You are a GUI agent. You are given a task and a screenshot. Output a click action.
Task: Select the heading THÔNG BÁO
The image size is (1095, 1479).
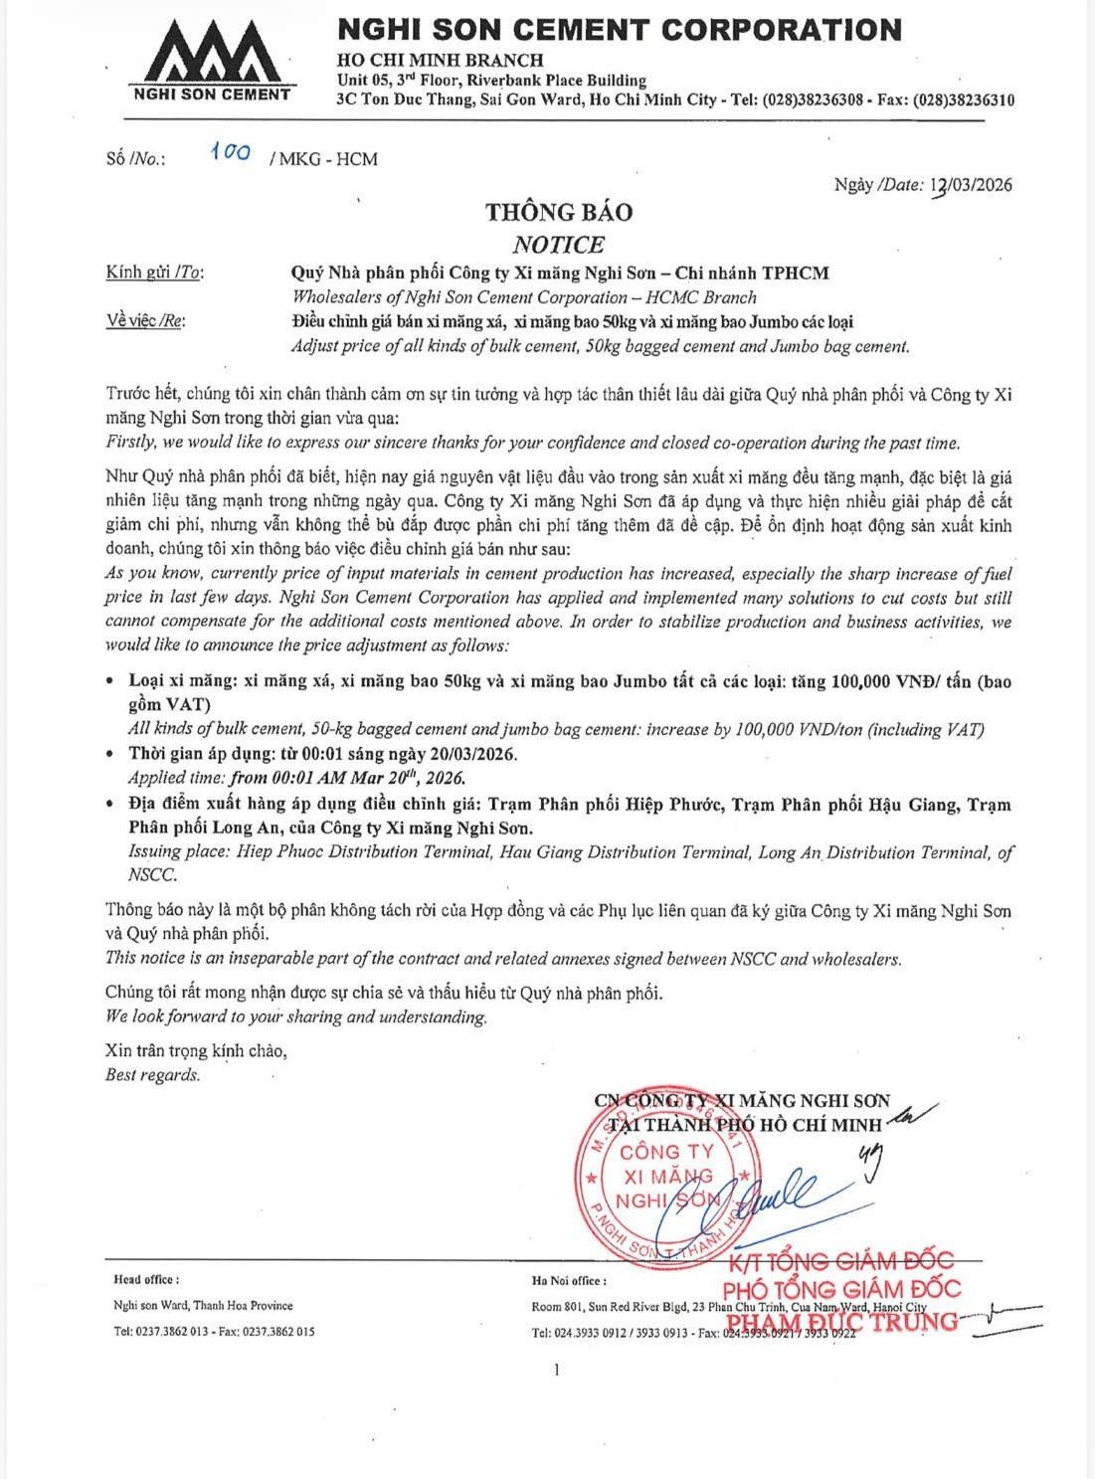[x=558, y=212]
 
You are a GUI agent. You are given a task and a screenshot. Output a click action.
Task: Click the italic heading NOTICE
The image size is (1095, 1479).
[x=558, y=244]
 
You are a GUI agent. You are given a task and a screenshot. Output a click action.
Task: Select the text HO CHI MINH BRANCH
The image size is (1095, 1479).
[x=441, y=60]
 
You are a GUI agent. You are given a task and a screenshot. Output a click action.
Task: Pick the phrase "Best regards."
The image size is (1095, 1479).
[x=152, y=1074]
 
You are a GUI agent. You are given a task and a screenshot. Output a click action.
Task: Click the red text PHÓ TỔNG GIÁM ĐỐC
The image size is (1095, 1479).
[x=847, y=1289]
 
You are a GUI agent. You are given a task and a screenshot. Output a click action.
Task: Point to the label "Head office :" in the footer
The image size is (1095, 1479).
[x=146, y=1280]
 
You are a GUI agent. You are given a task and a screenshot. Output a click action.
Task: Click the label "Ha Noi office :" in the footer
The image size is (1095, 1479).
[x=569, y=1281]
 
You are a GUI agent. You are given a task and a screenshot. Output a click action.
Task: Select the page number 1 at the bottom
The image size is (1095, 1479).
[x=557, y=1370]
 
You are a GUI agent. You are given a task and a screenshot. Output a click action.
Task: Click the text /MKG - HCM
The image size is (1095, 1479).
[x=323, y=158]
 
